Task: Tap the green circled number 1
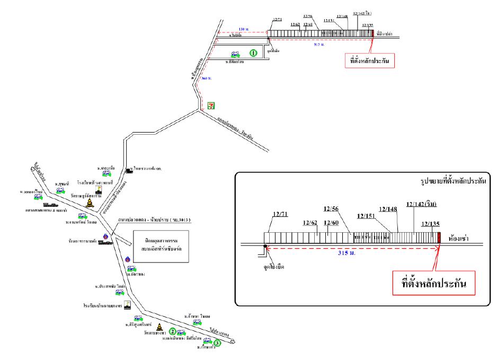[x=254, y=53]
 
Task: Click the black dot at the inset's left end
[x=265, y=245]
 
